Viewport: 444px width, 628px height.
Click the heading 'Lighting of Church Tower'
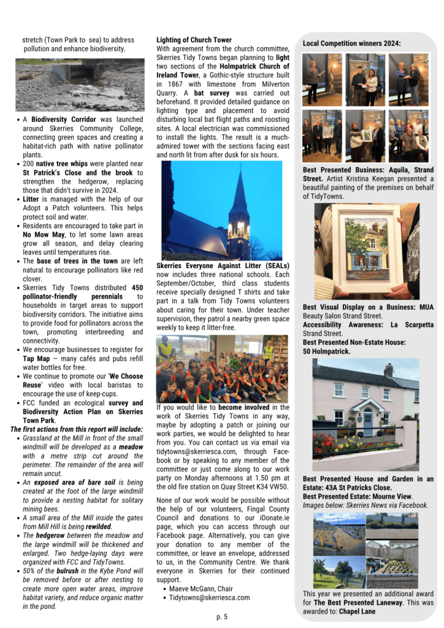pyautogui.click(x=194, y=40)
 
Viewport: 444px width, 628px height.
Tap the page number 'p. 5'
pyautogui.click(x=221, y=616)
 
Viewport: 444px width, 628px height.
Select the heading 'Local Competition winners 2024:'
pyautogui.click(x=351, y=44)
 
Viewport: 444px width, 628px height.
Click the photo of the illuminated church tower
pyautogui.click(x=221, y=210)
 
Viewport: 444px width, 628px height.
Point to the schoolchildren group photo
pyautogui.click(x=221, y=368)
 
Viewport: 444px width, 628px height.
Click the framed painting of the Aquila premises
pyautogui.click(x=367, y=251)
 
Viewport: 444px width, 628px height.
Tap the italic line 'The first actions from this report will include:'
pyautogui.click(x=77, y=429)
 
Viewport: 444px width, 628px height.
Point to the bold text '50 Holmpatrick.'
pyautogui.click(x=326, y=351)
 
